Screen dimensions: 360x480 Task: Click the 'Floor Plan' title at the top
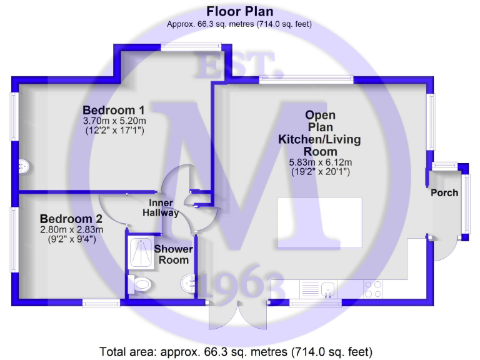coord(240,12)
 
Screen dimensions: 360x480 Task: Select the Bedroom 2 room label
coord(71,219)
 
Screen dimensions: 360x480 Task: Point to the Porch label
coord(444,192)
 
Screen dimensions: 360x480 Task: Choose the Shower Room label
coord(174,254)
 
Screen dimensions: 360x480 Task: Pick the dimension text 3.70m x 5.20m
coord(114,121)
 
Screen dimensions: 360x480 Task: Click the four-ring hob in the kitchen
coord(373,289)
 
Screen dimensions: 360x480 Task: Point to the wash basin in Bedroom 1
coord(24,166)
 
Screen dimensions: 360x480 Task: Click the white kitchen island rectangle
coord(320,215)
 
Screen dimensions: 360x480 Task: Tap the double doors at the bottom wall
coord(237,316)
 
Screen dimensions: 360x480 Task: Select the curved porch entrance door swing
coord(445,250)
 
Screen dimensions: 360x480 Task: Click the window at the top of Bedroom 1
coord(191,46)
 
